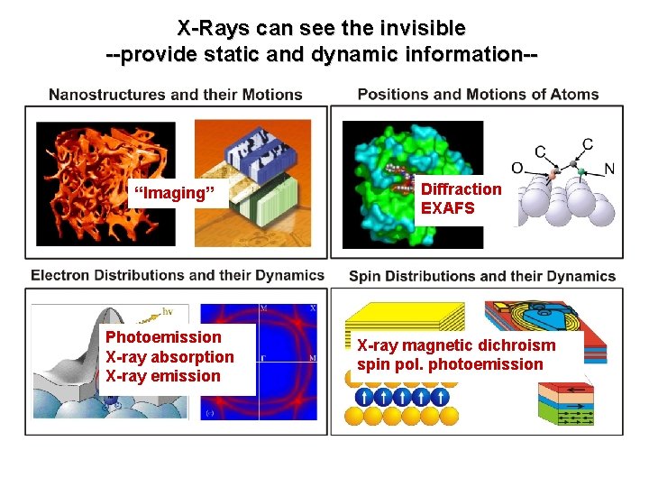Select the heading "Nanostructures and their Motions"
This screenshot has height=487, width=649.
pyautogui.click(x=175, y=94)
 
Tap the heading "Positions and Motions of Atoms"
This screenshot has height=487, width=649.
pyautogui.click(x=478, y=94)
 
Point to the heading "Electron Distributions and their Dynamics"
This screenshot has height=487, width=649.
pyautogui.click(x=177, y=275)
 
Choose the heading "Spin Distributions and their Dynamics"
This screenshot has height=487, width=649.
pyautogui.click(x=481, y=276)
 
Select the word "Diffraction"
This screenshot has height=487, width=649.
pyautogui.click(x=461, y=188)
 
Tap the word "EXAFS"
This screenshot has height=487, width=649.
pyautogui.click(x=447, y=207)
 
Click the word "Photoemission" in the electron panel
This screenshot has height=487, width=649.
pyautogui.click(x=163, y=337)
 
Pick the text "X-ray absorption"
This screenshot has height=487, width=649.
pyautogui.click(x=169, y=356)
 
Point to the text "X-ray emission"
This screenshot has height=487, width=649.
pyautogui.click(x=163, y=376)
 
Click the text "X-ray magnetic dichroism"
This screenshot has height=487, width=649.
pyautogui.click(x=456, y=345)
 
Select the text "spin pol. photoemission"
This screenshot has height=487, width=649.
pyautogui.click(x=450, y=364)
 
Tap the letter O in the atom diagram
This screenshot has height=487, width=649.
pyautogui.click(x=516, y=167)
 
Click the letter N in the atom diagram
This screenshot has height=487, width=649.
pyautogui.click(x=610, y=168)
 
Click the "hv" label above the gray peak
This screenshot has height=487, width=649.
pyautogui.click(x=168, y=311)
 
